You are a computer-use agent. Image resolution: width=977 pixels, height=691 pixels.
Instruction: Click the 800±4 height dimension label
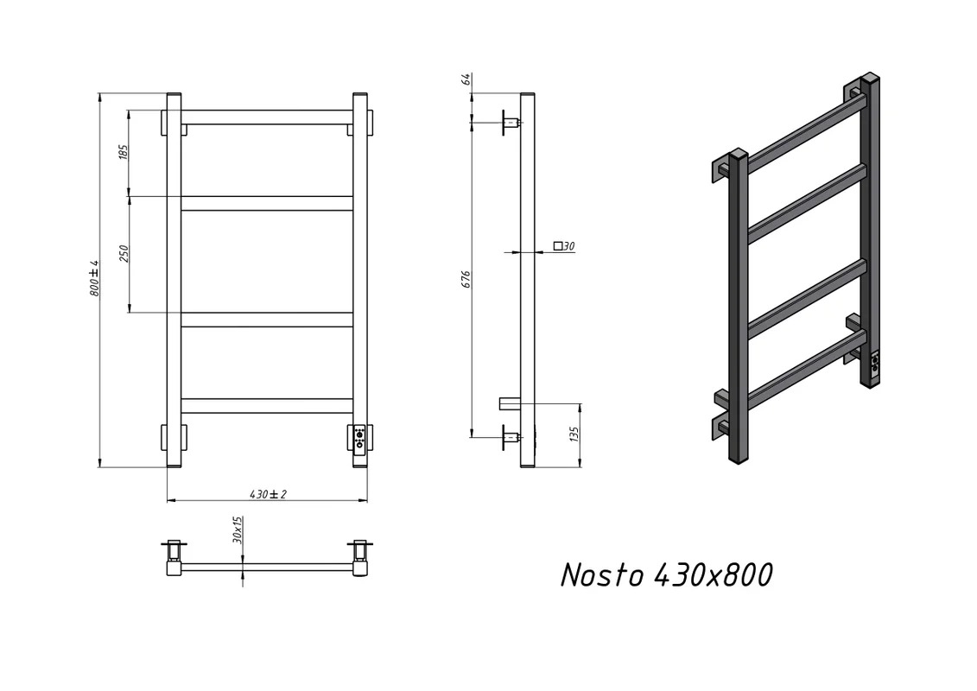pos(95,278)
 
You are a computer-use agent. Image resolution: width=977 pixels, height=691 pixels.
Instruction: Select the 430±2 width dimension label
pos(268,494)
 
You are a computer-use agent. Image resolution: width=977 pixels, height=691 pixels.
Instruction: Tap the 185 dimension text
pos(123,151)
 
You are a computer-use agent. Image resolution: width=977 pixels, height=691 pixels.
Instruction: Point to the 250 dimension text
pos(124,254)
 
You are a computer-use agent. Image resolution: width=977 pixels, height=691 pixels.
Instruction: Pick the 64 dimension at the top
pos(466,79)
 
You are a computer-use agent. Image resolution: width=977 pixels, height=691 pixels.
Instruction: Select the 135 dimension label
pos(574,433)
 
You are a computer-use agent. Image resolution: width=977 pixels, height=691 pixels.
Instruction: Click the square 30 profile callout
pos(564,246)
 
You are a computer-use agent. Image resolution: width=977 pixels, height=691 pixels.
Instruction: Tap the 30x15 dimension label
pos(237,529)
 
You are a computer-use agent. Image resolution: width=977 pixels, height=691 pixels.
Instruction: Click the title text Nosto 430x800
pos(667,574)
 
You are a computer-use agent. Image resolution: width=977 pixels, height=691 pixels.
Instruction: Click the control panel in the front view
pos(358,438)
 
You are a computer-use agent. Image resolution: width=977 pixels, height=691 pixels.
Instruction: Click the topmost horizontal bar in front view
pos(267,117)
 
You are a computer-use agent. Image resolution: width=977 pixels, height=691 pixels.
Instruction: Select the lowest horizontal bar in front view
pos(267,406)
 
